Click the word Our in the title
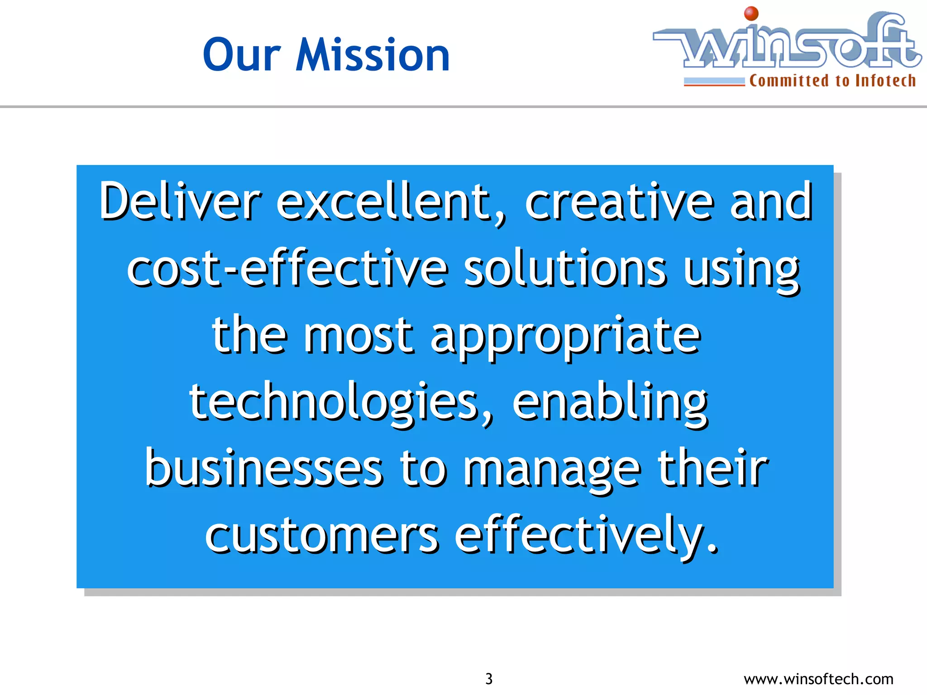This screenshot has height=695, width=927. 242,55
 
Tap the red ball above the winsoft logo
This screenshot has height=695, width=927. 751,14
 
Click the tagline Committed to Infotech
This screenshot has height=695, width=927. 832,81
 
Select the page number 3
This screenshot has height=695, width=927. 489,679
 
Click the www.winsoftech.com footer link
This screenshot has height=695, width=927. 818,679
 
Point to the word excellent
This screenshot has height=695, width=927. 389,201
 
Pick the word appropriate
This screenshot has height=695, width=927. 565,337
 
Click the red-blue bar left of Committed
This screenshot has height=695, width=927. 714,82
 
